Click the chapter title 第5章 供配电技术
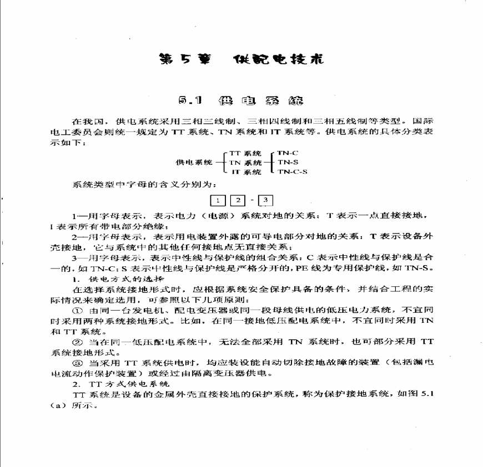tap(241, 59)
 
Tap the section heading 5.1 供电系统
tap(241, 101)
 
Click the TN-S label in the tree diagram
tap(288, 162)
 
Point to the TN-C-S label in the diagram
tap(292, 172)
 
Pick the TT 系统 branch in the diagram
tap(245, 153)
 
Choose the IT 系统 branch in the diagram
tap(246, 172)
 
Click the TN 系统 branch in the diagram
tap(245, 163)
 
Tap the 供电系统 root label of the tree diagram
tap(194, 163)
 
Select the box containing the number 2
tap(238, 200)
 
